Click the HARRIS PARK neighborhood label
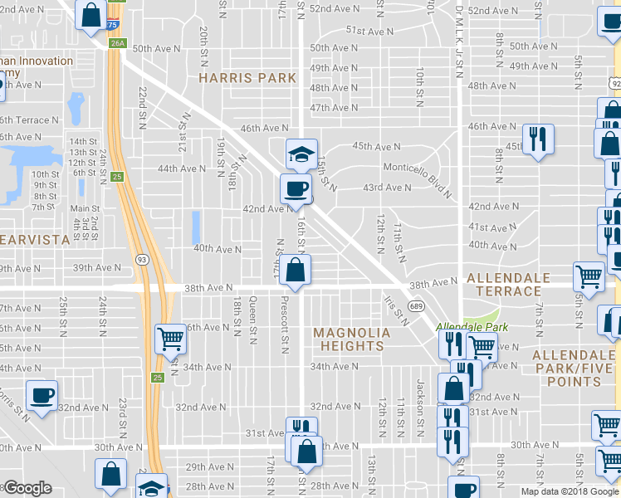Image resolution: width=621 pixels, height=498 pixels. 247,78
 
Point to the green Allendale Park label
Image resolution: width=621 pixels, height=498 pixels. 465,327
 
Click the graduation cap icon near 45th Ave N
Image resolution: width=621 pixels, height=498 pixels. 301,154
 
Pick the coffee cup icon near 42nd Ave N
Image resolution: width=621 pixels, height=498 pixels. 296,189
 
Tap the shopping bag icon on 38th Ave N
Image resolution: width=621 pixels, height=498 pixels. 295,270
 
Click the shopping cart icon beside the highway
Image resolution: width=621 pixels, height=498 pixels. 170,338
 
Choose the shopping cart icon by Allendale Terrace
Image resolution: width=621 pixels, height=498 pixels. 589,277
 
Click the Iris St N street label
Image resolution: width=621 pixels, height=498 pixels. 396,310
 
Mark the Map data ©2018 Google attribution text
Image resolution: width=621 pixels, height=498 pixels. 570,491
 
